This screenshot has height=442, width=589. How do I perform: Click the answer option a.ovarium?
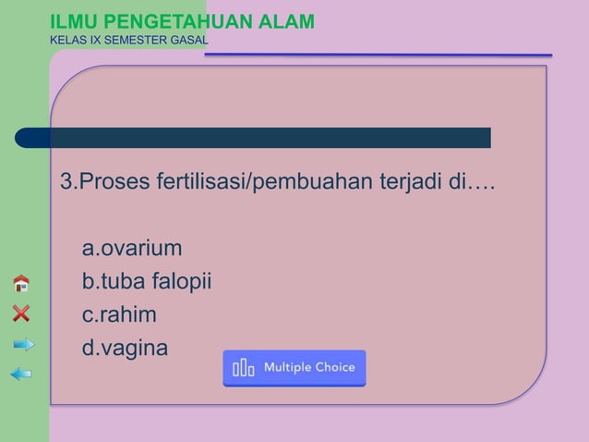pos(132,249)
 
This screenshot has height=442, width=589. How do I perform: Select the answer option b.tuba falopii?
pos(147,282)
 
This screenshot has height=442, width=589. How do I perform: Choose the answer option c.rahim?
pos(119,315)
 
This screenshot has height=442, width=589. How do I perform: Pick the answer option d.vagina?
pos(126,349)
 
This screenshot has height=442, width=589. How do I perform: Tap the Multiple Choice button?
pos(294,368)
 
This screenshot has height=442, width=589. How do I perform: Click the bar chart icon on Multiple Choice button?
pos(244,368)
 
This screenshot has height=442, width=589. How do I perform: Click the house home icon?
pos(21,283)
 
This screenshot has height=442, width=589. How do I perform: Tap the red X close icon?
pos(21,313)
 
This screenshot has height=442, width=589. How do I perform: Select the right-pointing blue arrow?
pos(23,345)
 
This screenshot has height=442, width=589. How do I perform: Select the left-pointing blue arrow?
pos(21,374)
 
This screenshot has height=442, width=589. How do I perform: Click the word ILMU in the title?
pos(70,21)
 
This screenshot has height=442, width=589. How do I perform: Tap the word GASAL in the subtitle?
pos(188,40)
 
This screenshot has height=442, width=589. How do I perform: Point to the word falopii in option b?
pos(183,282)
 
